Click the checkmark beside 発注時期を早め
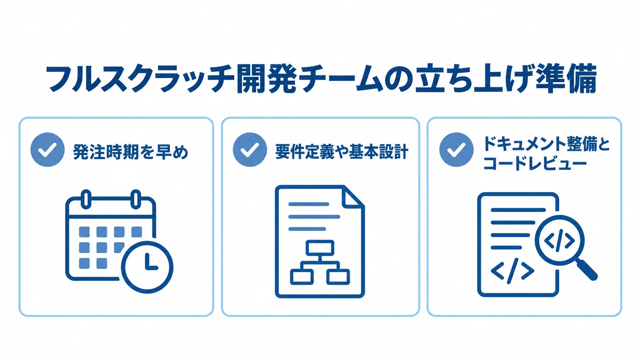[47, 150]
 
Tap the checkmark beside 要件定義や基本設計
[250, 150]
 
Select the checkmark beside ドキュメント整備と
[456, 150]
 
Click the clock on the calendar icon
[147, 267]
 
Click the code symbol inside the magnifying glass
[560, 241]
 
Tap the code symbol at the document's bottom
[512, 271]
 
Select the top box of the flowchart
[320, 248]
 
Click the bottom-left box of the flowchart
[302, 277]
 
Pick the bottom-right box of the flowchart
[338, 277]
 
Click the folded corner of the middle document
[353, 197]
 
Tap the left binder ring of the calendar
[86, 199]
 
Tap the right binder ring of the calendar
[136, 199]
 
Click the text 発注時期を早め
[131, 152]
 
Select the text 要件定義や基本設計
[342, 151]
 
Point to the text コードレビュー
[535, 164]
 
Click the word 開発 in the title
[267, 79]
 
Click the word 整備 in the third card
[570, 144]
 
